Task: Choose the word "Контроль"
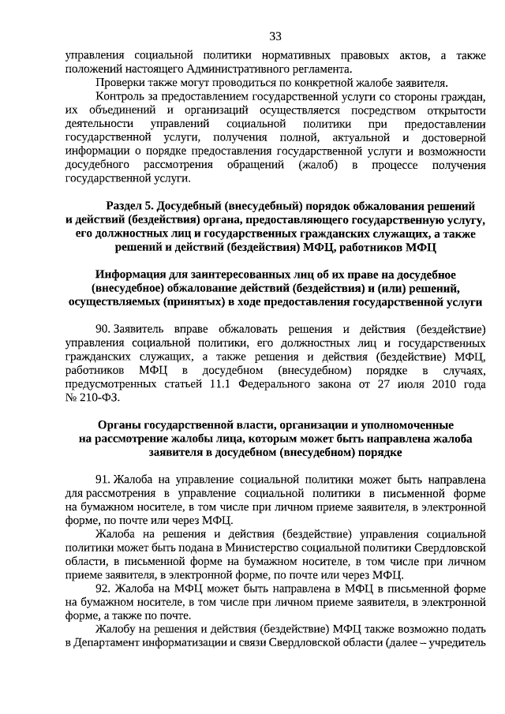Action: coord(118,96)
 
